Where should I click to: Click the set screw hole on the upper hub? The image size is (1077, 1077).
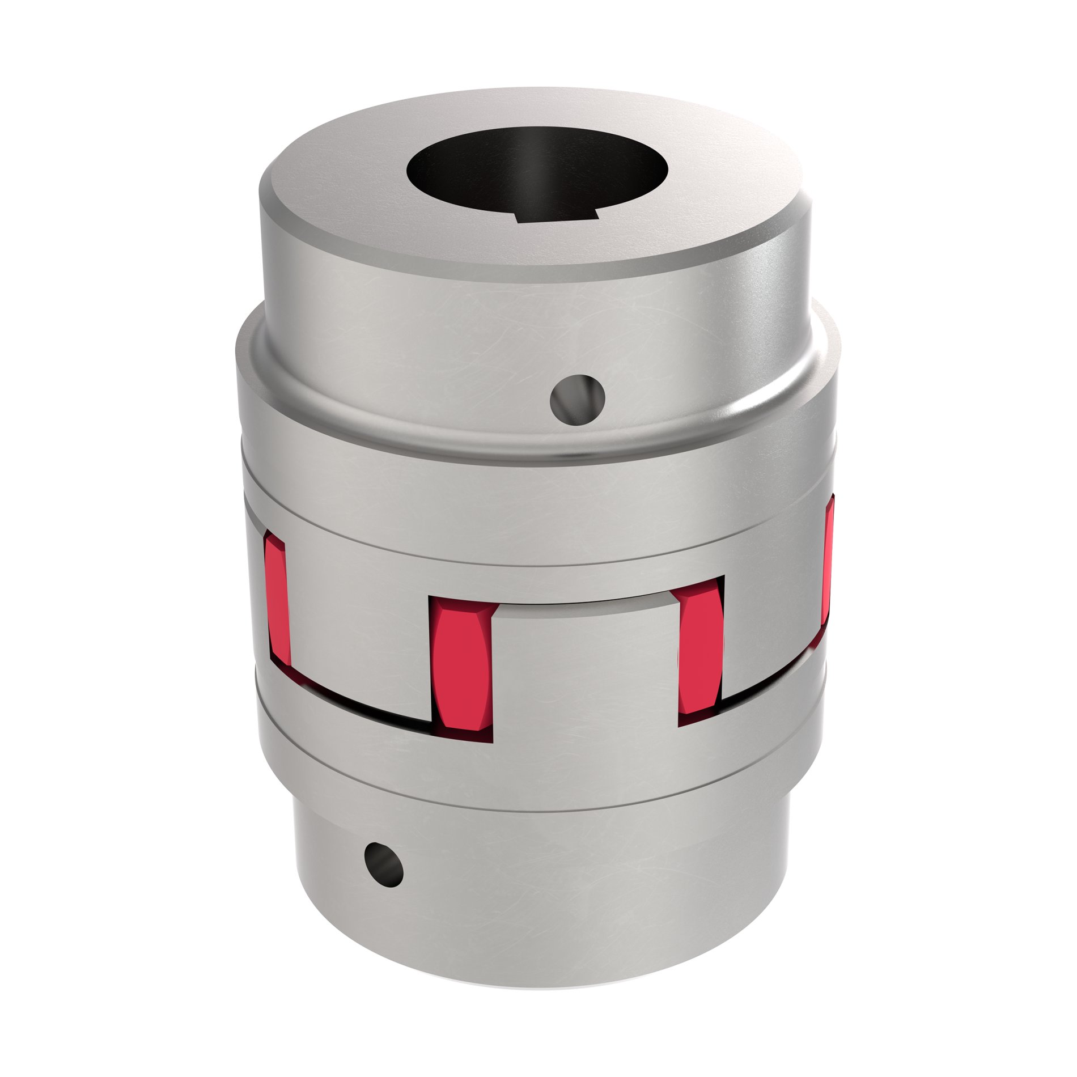tap(578, 401)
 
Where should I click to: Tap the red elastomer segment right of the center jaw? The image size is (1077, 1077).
tap(701, 652)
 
